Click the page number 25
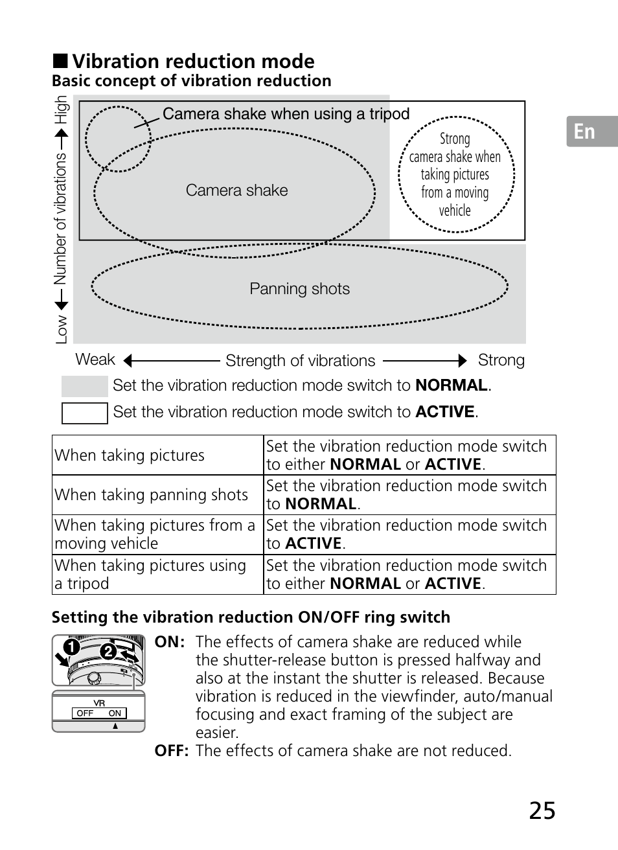[542, 810]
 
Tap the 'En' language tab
[584, 132]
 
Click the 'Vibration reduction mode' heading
[193, 62]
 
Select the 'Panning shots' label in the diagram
[299, 289]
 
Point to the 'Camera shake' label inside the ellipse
[236, 190]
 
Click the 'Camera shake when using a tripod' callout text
[286, 114]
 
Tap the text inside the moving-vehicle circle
[455, 174]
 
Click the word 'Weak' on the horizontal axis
[95, 360]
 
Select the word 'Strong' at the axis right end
[501, 360]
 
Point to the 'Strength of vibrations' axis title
[300, 361]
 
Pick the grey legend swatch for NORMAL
[84, 386]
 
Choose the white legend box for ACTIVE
[84, 413]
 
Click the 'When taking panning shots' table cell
[152, 495]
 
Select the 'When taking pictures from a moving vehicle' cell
[155, 534]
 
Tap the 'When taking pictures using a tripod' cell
[150, 574]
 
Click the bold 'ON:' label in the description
[170, 642]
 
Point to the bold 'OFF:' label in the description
[171, 751]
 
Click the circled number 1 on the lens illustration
[71, 647]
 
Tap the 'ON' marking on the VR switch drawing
[115, 713]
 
